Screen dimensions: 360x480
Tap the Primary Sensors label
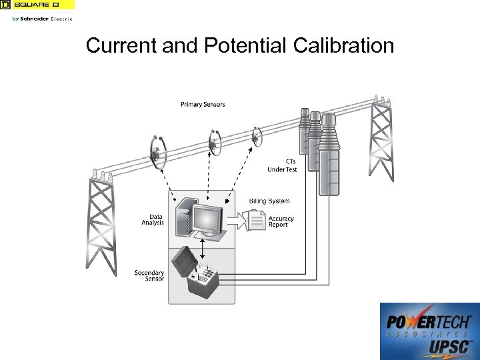coord(203,105)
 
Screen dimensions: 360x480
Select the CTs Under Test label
coord(282,165)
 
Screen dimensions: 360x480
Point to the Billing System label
coord(269,201)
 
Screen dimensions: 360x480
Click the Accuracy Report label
coord(281,221)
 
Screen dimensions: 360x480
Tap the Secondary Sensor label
coord(149,275)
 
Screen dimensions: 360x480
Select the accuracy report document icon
coord(255,220)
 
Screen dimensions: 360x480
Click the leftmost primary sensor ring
coord(157,151)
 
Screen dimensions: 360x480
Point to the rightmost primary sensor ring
coord(257,137)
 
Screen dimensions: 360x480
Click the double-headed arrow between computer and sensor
coord(202,247)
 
